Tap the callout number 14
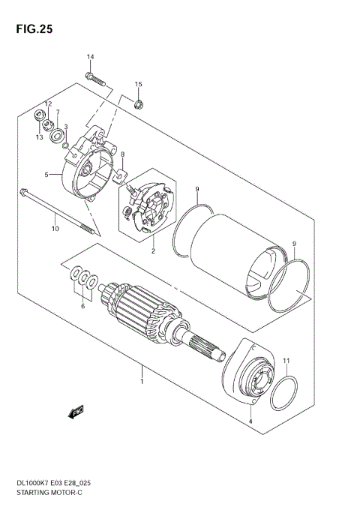pos(90,58)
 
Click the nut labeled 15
pos(139,103)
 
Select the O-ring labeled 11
pos(285,394)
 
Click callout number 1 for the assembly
pos(141,382)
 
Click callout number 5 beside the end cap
pos(46,175)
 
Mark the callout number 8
pos(122,154)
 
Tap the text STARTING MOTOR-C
pos(46,496)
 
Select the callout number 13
pos(39,137)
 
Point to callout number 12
pos(46,103)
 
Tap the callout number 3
pos(66,127)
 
